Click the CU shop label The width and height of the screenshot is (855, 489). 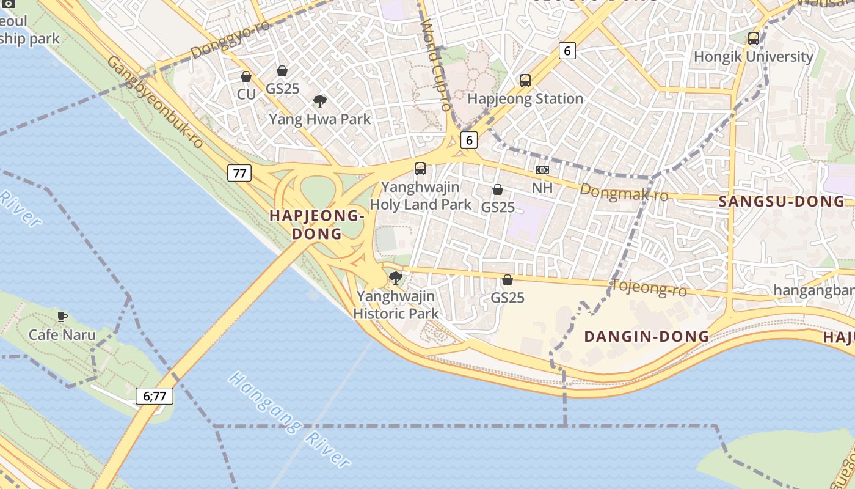tap(246, 94)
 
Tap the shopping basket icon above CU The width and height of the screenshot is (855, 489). tap(246, 77)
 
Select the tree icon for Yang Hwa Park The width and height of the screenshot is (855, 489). tap(319, 101)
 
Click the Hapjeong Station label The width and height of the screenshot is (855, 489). tap(525, 98)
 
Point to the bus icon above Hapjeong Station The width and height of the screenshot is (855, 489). tap(525, 80)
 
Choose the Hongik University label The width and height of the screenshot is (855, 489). tap(754, 57)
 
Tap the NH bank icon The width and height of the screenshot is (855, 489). tap(542, 170)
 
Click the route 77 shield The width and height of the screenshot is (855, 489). tap(239, 173)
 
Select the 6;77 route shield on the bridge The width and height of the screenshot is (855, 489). tap(155, 396)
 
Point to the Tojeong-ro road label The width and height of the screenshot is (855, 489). tap(649, 287)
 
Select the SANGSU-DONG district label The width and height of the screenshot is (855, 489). tap(782, 202)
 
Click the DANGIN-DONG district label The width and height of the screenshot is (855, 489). tap(647, 336)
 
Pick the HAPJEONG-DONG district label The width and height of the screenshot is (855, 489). tap(317, 224)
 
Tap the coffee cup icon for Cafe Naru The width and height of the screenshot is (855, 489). tap(62, 317)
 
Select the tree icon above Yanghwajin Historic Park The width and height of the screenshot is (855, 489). tap(396, 279)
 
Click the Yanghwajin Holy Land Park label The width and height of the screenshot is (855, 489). tap(421, 196)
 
